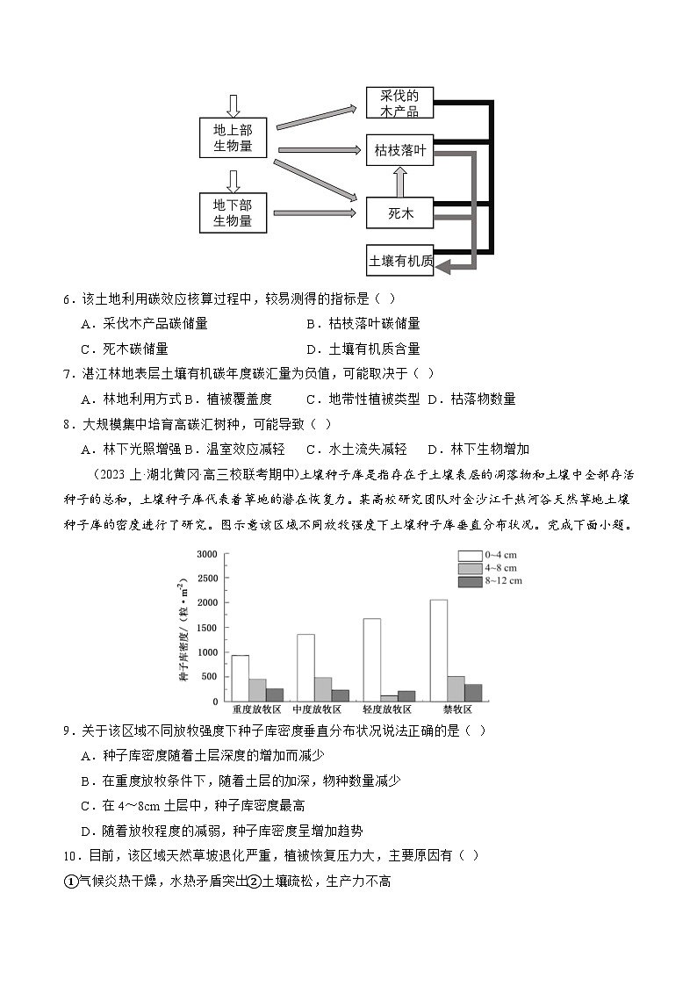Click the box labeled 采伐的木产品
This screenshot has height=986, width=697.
pos(399,103)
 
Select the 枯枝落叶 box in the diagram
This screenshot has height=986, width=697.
pos(399,150)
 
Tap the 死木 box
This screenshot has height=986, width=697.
pos(399,212)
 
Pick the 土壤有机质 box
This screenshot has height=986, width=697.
pos(399,260)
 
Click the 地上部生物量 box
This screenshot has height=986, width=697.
pos(233,138)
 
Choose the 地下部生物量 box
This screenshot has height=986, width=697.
pos(233,212)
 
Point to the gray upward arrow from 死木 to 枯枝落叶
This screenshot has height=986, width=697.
pos(400,182)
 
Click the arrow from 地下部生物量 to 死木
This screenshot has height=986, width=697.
pos(316,212)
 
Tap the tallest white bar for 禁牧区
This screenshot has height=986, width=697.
pos(439,650)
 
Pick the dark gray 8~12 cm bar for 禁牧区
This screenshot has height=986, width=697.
pos(473,693)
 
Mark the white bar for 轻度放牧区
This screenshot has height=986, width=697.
pos(372,659)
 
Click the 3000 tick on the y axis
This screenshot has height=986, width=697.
pos(207,554)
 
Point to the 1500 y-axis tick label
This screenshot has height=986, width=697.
pos(207,628)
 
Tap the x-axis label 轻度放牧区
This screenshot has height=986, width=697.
pos(387,709)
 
